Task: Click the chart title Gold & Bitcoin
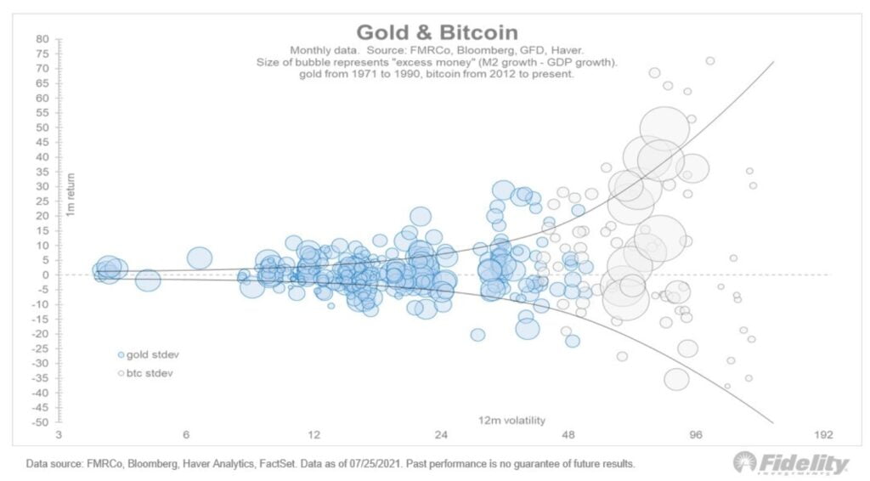(x=437, y=32)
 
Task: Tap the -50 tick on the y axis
(x=40, y=422)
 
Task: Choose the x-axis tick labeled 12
(x=314, y=435)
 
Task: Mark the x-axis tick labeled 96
(x=696, y=435)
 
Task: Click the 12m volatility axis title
(x=511, y=420)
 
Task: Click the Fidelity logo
(x=791, y=463)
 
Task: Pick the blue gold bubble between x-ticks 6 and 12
(x=200, y=257)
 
